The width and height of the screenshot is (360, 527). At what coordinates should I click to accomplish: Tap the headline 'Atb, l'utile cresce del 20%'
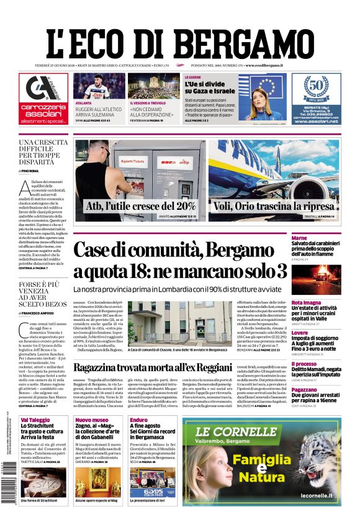141,205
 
